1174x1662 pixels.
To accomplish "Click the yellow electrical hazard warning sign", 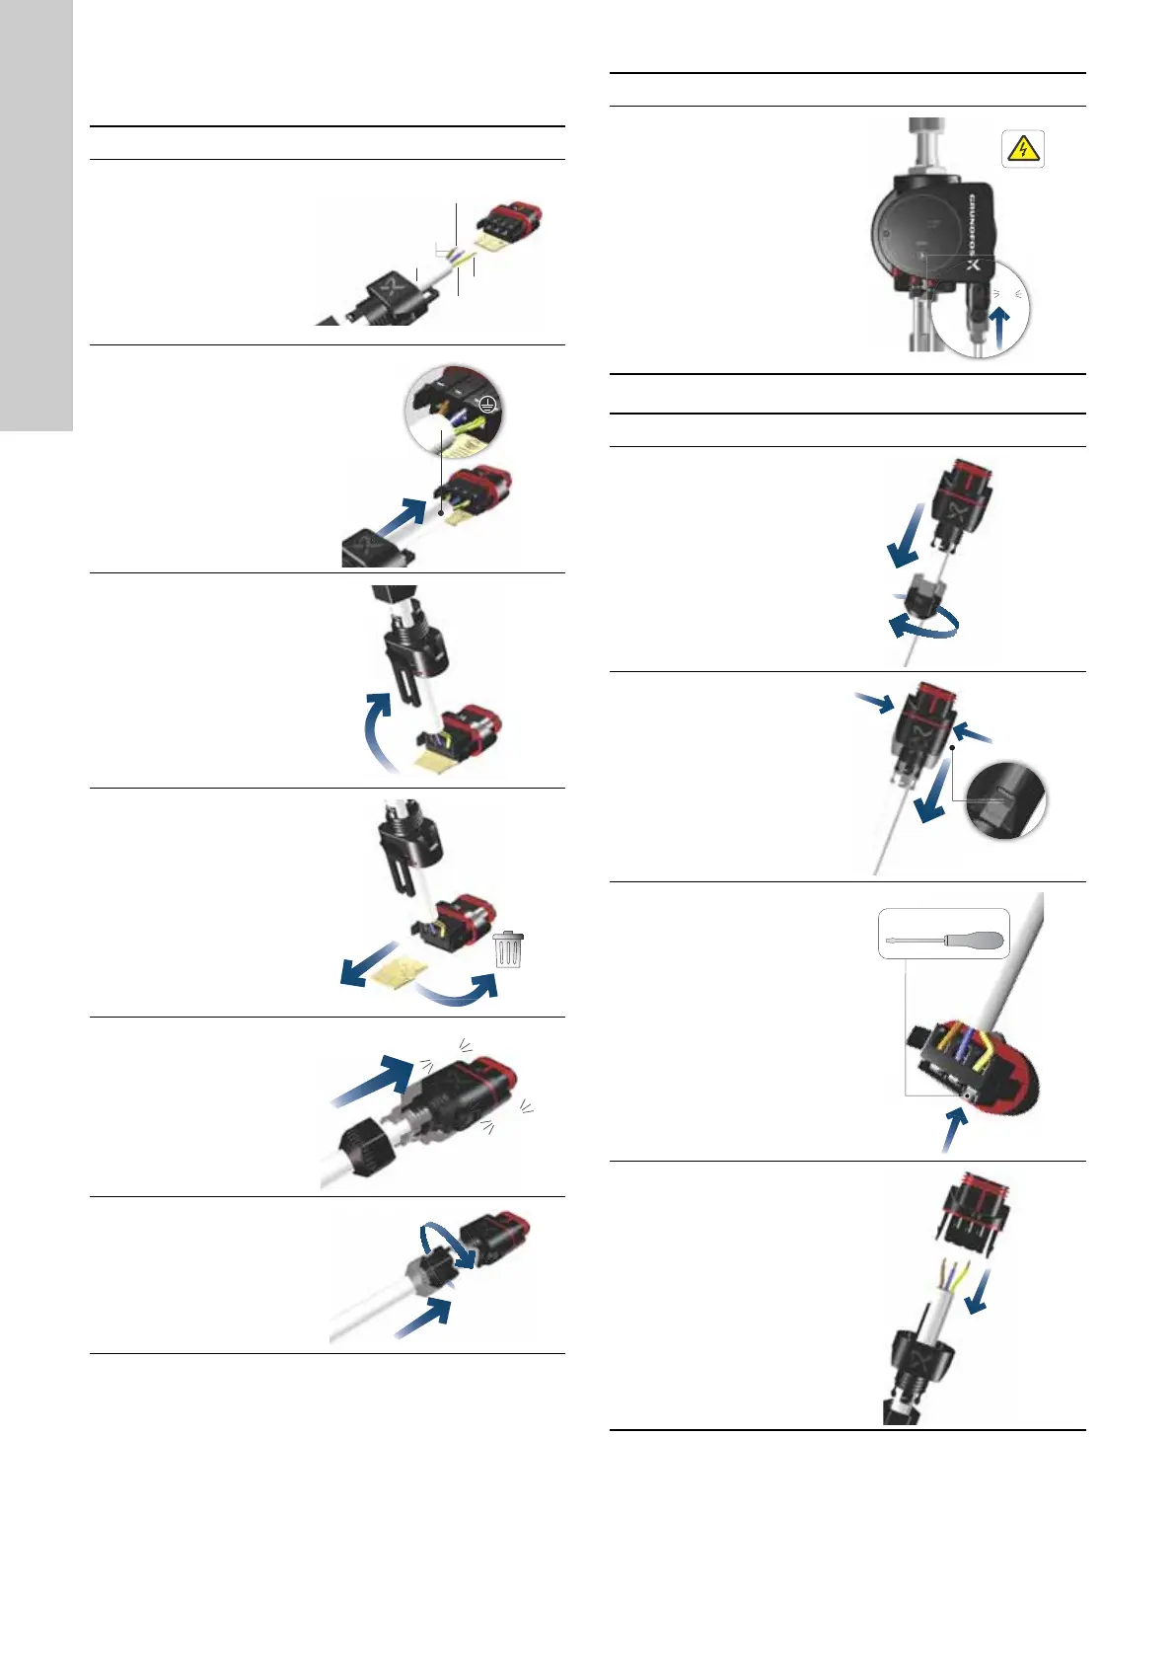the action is tap(1023, 149).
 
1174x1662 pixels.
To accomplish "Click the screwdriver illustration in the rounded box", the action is tap(944, 935).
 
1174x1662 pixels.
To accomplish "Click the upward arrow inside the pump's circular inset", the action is tap(1001, 325).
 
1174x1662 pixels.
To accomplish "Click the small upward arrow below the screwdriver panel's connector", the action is tap(952, 1130).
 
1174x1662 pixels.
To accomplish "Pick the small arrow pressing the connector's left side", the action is tap(875, 701).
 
